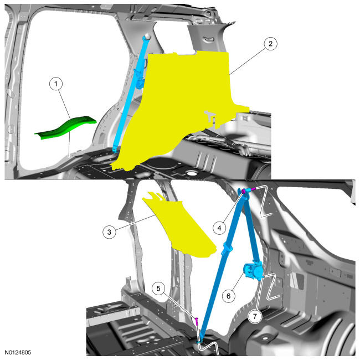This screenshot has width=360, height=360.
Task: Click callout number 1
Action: (x=56, y=84)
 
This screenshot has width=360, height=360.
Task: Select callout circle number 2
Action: (x=270, y=44)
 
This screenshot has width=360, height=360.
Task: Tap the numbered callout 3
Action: (x=109, y=232)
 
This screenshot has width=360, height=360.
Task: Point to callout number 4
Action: (x=219, y=228)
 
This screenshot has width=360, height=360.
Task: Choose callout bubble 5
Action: (x=158, y=289)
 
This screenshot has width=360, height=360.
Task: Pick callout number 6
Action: (x=228, y=296)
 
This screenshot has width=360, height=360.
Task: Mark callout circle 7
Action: (x=255, y=316)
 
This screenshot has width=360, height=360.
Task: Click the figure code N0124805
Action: (x=18, y=352)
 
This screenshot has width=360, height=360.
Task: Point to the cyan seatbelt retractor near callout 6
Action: (x=253, y=271)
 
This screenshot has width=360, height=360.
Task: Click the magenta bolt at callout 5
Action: (x=197, y=321)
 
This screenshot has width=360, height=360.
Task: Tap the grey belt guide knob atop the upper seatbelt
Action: (x=147, y=37)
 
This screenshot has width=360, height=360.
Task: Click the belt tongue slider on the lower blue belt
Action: (x=227, y=248)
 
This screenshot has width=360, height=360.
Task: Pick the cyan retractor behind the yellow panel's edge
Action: (x=139, y=79)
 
